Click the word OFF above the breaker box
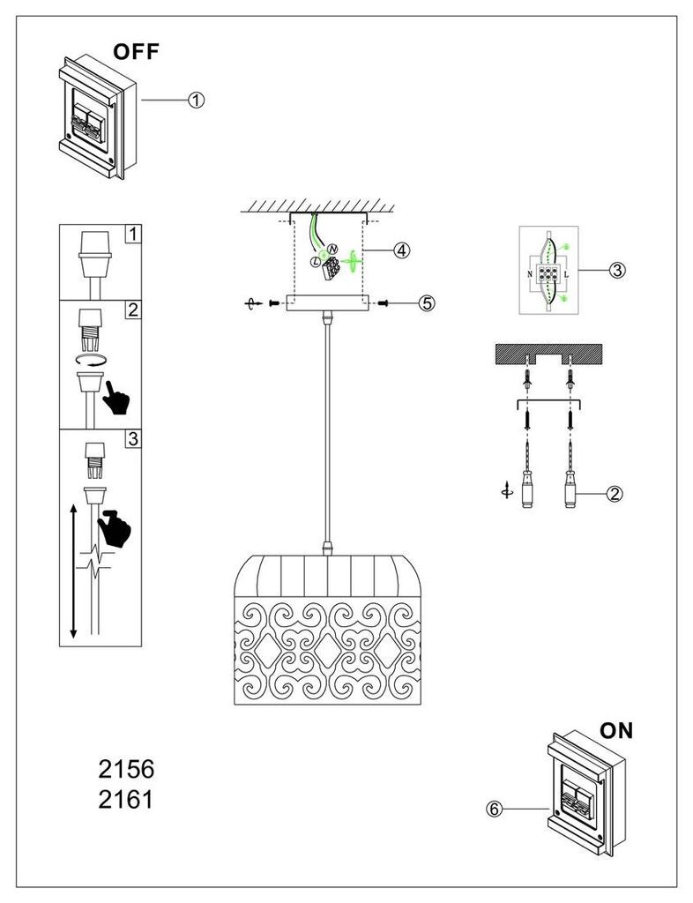coord(136,52)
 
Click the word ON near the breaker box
coord(616,731)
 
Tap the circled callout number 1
coord(197,101)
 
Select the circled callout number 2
coord(615,494)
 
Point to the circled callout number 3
coord(617,270)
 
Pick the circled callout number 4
coord(402,250)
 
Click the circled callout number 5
coord(427,303)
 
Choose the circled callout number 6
coord(494,810)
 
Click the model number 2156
coord(126,769)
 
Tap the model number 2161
coord(126,799)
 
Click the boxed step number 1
coord(133,235)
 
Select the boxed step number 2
coord(133,310)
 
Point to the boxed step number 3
coord(133,439)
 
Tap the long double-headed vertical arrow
coord(73,571)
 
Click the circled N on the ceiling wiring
coord(332,250)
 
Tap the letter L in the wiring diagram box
coord(566,274)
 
